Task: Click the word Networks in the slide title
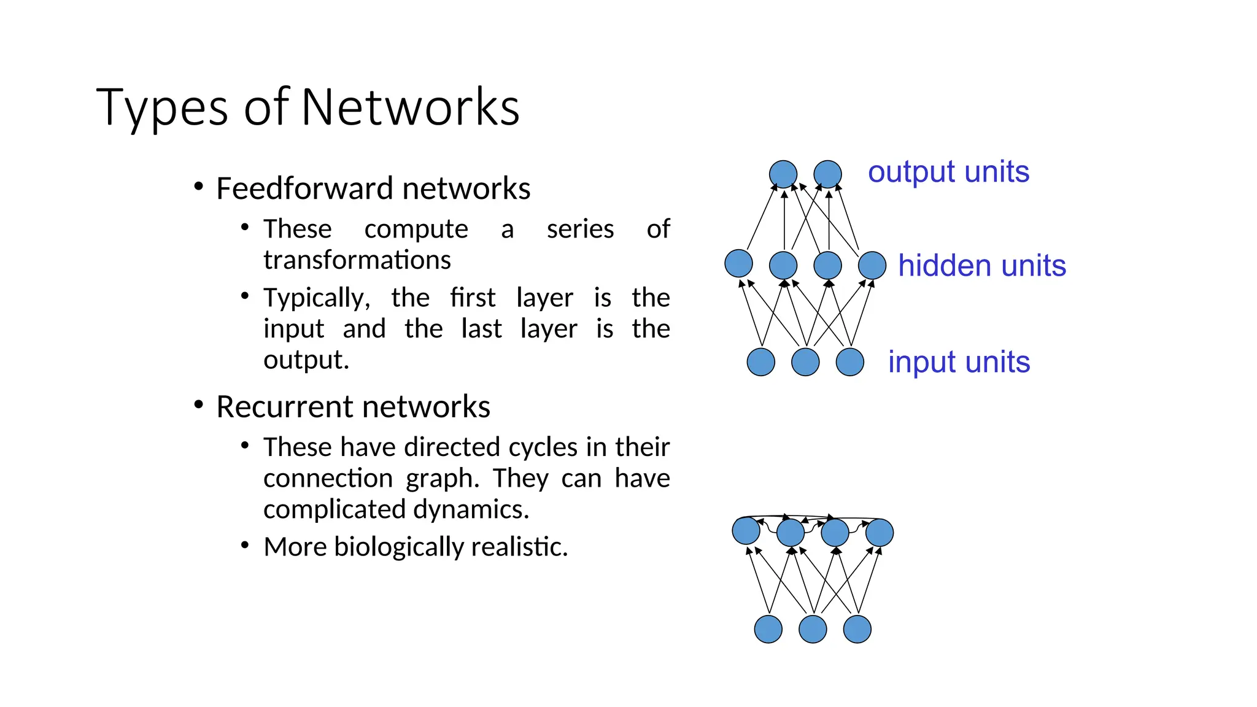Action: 410,107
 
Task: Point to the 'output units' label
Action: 948,172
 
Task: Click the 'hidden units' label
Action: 981,266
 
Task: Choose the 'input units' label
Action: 959,362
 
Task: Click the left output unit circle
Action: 783,174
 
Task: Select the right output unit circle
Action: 827,174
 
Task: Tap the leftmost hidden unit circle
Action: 738,264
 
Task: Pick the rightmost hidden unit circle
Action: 872,266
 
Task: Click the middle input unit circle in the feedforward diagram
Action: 805,362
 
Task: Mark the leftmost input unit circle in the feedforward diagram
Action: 761,362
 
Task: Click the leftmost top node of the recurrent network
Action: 746,531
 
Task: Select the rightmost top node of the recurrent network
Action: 880,533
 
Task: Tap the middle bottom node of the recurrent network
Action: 813,629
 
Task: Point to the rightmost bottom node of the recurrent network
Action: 857,629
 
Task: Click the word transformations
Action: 357,260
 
